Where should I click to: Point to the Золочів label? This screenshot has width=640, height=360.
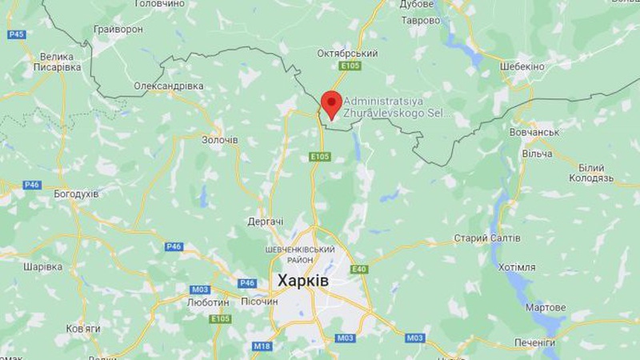click(x=219, y=140)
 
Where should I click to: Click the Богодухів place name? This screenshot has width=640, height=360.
click(x=76, y=194)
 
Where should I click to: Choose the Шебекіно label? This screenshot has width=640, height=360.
click(x=522, y=66)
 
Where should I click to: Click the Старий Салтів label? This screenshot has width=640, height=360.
click(x=486, y=238)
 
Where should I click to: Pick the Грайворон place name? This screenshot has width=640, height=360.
click(x=118, y=29)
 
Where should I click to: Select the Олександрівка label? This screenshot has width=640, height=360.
click(x=169, y=86)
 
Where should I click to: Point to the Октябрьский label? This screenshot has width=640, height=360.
click(x=348, y=53)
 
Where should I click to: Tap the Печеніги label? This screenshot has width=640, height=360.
click(x=535, y=342)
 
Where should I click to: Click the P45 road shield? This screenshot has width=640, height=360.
click(x=16, y=34)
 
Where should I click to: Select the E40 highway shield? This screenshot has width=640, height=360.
click(x=359, y=269)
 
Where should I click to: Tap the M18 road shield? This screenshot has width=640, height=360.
click(x=262, y=346)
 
